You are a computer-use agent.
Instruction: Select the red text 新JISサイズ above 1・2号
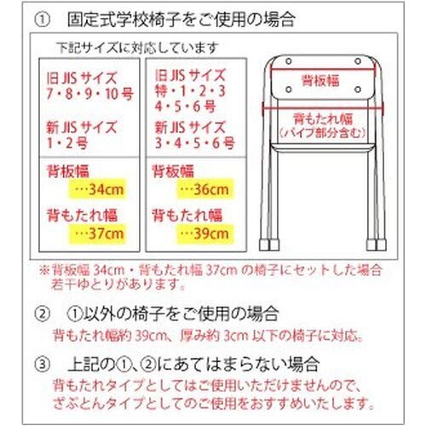tap(83, 126)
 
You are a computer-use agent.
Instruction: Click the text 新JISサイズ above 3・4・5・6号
tap(188, 126)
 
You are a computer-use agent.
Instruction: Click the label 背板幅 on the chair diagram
tap(319, 80)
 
